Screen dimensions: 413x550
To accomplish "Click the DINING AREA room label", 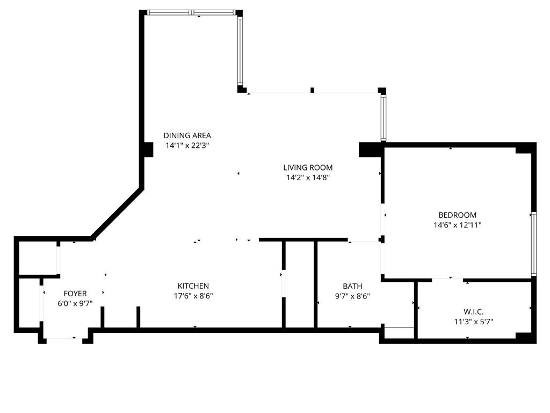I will click(x=187, y=136).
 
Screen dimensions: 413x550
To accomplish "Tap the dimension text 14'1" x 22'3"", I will click(x=187, y=145).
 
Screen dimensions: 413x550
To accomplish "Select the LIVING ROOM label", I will click(x=308, y=168).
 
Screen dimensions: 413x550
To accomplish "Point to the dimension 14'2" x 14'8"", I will click(x=308, y=177).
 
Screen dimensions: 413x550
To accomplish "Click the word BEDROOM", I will click(x=457, y=215).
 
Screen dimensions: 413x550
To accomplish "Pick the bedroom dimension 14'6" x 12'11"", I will click(x=457, y=225).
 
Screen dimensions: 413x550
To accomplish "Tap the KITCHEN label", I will click(x=193, y=286).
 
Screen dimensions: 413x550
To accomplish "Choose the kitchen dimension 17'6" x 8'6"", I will click(x=193, y=296).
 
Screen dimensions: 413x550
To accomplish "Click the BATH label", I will click(x=352, y=286).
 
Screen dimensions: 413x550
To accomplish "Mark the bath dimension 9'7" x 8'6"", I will click(x=352, y=296).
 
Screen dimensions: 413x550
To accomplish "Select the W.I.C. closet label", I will click(x=474, y=312).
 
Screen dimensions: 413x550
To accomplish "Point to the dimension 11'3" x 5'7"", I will click(x=474, y=322).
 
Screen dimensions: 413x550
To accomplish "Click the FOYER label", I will click(x=75, y=294).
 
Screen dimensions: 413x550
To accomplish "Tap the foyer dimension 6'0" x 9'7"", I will click(x=75, y=303).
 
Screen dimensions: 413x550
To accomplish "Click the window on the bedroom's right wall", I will click(x=533, y=244).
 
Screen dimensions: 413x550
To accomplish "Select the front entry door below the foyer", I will click(x=64, y=339).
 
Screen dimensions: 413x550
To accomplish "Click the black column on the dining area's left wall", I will click(x=148, y=149).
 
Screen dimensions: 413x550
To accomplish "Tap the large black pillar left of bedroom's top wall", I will click(x=370, y=149).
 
